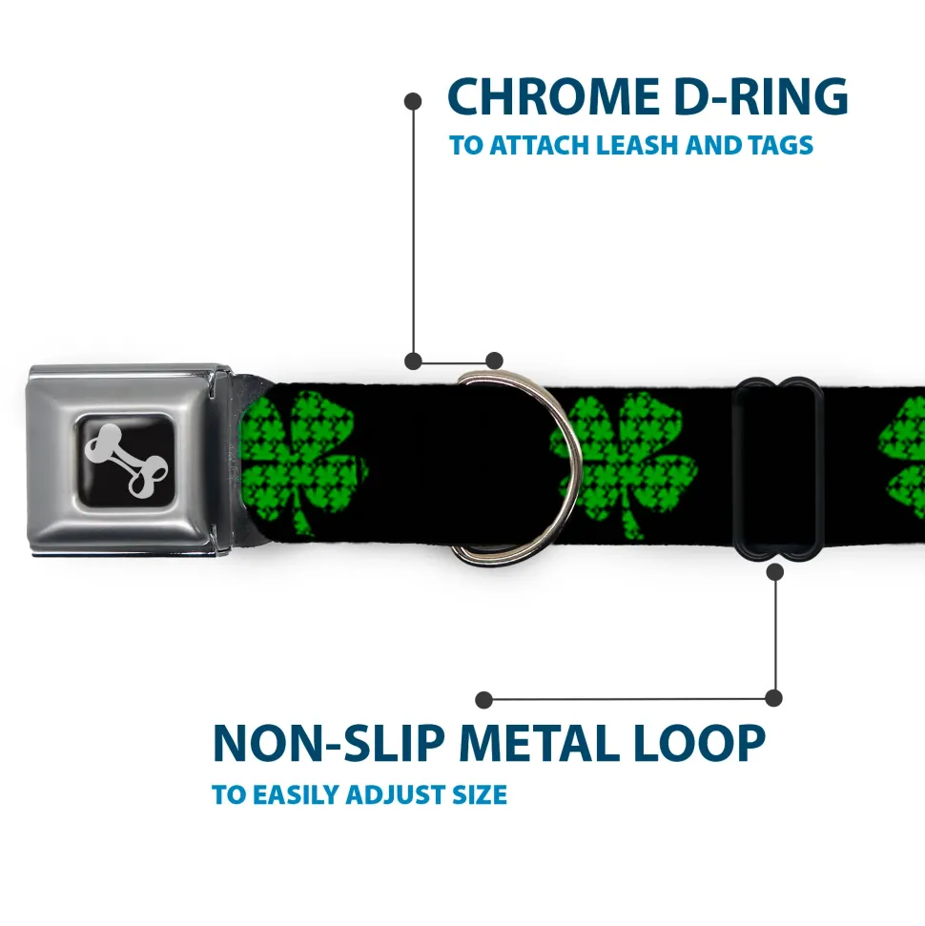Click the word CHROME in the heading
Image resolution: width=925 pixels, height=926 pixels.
pyautogui.click(x=553, y=96)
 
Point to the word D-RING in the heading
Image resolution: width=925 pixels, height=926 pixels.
pyautogui.click(x=761, y=96)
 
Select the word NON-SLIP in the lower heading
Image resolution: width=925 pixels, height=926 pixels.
pyautogui.click(x=328, y=743)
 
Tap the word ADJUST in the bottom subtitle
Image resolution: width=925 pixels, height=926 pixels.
pyautogui.click(x=396, y=795)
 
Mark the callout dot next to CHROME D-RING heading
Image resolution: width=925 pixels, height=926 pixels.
pyautogui.click(x=413, y=102)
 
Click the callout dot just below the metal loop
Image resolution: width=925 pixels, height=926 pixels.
pyautogui.click(x=775, y=571)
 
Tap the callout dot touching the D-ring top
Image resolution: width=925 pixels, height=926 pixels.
pyautogui.click(x=494, y=360)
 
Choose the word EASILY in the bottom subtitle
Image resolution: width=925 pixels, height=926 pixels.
pyautogui.click(x=298, y=795)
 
